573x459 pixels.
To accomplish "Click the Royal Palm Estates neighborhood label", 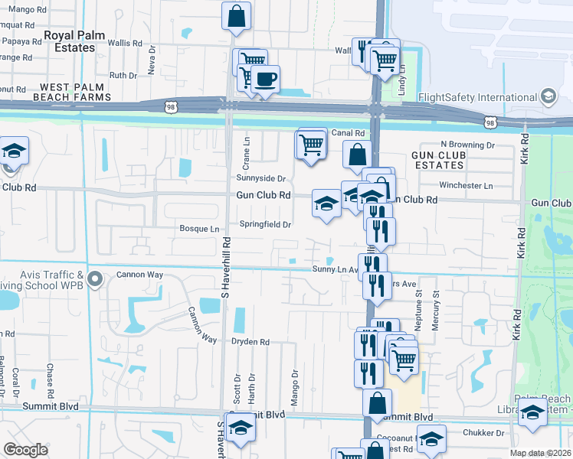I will tap(69, 41).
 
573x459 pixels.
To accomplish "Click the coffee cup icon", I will tap(265, 80).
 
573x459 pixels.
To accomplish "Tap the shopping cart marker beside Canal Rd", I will tap(311, 144).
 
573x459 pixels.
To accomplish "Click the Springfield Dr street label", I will tap(266, 225).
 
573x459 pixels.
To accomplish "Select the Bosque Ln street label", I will tap(199, 229).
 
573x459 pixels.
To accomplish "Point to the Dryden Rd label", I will tap(250, 342).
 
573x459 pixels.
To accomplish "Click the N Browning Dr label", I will tap(467, 145).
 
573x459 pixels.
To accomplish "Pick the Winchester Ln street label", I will tap(466, 185).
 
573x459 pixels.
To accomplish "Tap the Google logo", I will tap(26, 449).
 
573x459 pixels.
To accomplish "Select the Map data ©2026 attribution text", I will tap(541, 453).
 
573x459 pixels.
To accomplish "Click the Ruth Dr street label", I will tap(123, 75).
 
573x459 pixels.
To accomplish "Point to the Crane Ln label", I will tap(247, 153).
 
